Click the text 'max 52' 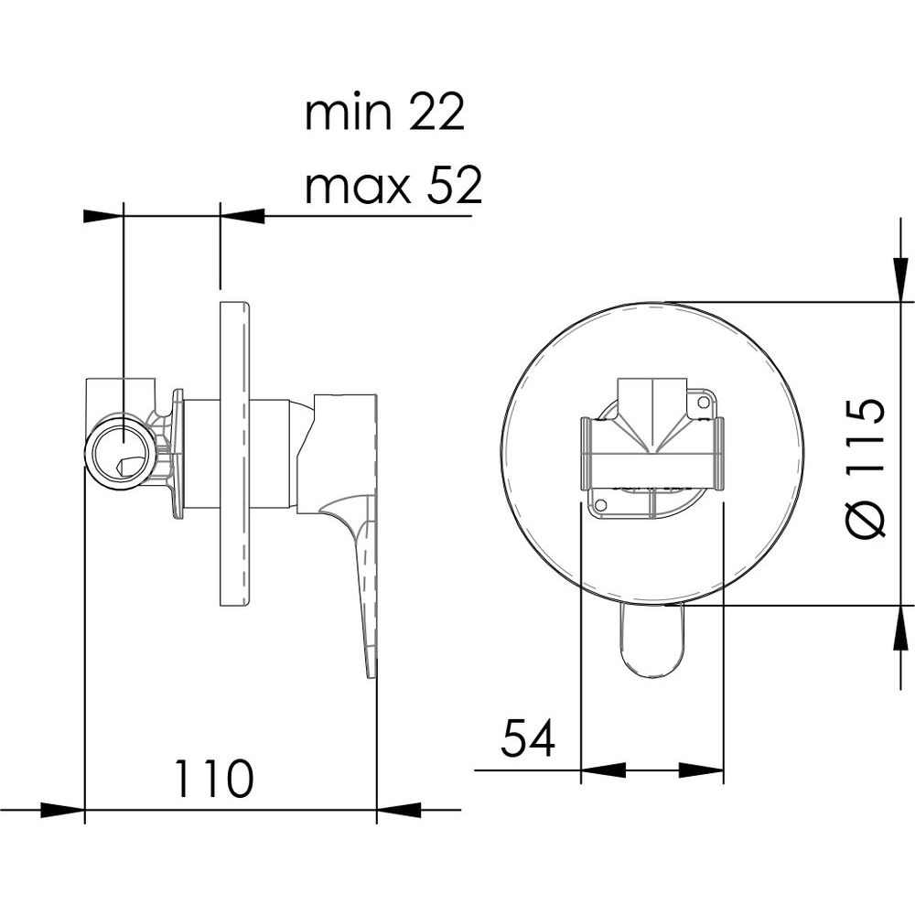point(393,186)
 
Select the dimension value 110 point(214,779)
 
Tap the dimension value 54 point(528,737)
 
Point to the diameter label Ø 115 point(866,468)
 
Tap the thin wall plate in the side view point(234,454)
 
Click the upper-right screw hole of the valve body point(703,402)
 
